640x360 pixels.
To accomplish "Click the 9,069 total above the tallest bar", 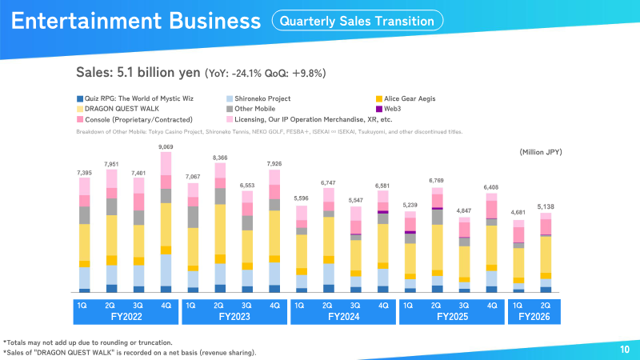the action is tap(166, 147).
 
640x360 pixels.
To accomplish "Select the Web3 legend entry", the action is tap(388, 109).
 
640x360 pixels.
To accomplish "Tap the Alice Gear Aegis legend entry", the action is tap(406, 98).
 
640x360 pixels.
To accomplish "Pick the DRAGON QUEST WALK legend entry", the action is tap(118, 109).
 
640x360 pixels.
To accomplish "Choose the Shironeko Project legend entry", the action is tap(258, 98).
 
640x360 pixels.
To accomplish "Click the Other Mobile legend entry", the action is tap(250, 109).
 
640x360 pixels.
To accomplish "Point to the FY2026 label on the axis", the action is tap(534, 317).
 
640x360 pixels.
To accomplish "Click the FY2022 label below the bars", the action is tap(126, 317).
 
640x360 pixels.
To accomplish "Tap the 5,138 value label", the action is tap(546, 207).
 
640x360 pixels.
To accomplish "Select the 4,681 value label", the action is tap(518, 213).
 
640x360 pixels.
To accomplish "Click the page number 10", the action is tap(625, 350).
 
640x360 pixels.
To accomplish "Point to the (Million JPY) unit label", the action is tap(541, 152).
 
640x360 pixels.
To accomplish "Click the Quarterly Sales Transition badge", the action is tap(357, 21).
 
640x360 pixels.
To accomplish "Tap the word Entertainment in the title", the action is tap(86, 21).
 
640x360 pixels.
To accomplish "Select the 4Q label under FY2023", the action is tap(274, 306).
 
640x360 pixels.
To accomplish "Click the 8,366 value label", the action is tap(220, 158).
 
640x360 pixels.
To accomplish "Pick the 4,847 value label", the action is tap(464, 211).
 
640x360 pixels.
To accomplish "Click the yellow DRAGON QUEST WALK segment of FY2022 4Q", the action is tap(166, 225).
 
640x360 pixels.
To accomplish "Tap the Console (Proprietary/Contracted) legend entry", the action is tap(134, 119).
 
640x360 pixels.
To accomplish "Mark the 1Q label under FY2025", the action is tap(408, 306).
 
